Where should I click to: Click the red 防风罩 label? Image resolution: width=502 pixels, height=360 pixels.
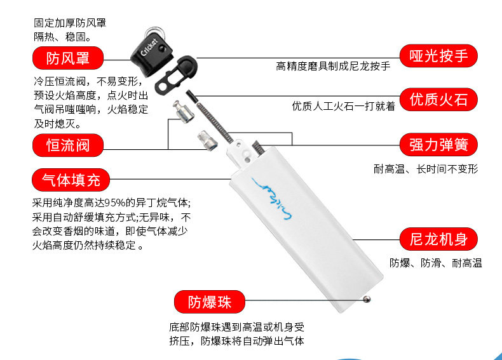coord(68,58)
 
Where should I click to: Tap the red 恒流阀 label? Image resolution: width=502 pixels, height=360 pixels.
coord(68,145)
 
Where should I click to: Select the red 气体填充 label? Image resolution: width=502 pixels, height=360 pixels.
coord(71,180)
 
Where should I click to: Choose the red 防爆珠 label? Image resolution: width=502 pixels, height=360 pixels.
coord(210,302)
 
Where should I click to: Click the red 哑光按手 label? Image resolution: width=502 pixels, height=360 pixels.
coord(438,56)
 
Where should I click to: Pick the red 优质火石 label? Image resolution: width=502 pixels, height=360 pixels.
coord(438,100)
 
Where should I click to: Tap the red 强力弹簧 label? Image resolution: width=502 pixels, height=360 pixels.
coord(438,145)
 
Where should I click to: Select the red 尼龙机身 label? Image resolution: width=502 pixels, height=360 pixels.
coord(438,239)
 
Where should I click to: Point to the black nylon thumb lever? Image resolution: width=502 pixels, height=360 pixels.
coord(176,75)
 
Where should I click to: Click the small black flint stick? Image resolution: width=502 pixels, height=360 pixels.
coord(191,97)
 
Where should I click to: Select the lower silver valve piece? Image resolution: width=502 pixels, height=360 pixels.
coord(207,140)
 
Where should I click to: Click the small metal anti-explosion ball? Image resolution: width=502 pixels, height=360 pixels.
coord(367,299)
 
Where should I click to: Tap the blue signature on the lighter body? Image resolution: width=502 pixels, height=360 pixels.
coord(272,199)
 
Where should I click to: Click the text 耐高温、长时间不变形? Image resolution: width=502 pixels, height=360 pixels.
coord(426,169)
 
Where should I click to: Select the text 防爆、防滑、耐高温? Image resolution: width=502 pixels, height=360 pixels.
coord(436,263)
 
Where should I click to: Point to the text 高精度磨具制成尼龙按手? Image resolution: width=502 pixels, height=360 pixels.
coord(333,66)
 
